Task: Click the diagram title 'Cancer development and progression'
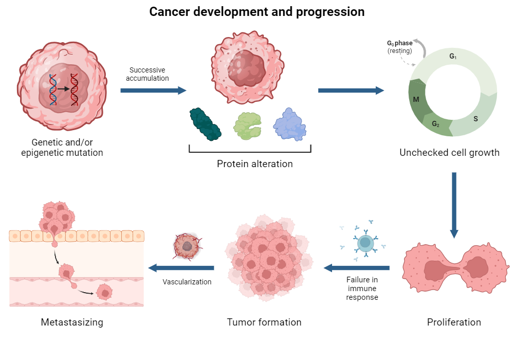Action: (257, 12)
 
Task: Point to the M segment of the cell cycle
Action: (416, 98)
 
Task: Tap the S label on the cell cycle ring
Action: (475, 119)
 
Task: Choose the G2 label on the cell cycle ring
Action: (435, 124)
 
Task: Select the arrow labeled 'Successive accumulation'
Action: (153, 91)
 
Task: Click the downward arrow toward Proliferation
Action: (454, 205)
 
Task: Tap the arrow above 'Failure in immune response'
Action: (356, 267)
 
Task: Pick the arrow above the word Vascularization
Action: (181, 267)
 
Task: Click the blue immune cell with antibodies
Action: (364, 242)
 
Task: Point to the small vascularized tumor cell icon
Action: (187, 246)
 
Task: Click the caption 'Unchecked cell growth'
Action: (449, 153)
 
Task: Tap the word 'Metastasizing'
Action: (72, 322)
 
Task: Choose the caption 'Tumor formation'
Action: (264, 322)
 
